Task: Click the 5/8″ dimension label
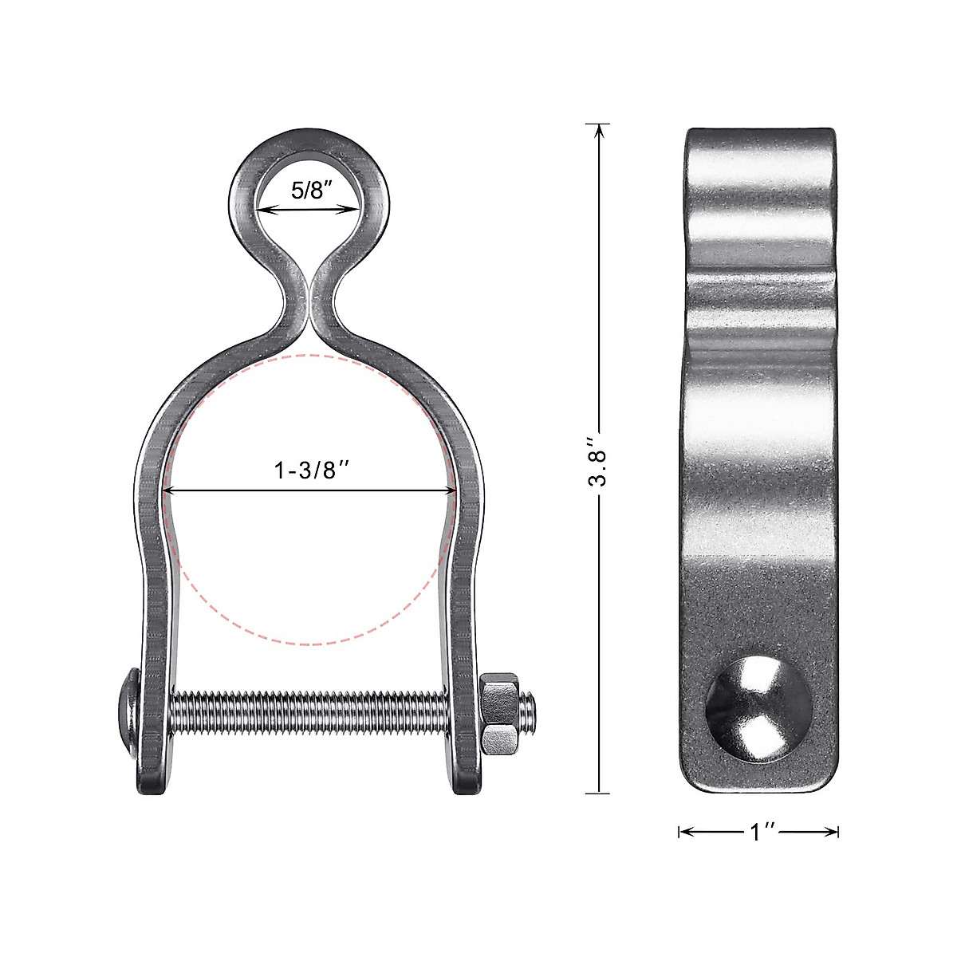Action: coord(308,191)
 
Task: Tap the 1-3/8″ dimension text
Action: coord(312,471)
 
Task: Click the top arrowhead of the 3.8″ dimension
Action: coord(598,129)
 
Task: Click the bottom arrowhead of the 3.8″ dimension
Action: coord(598,788)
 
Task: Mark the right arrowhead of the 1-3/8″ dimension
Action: coord(451,490)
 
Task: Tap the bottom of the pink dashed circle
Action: coord(309,644)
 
